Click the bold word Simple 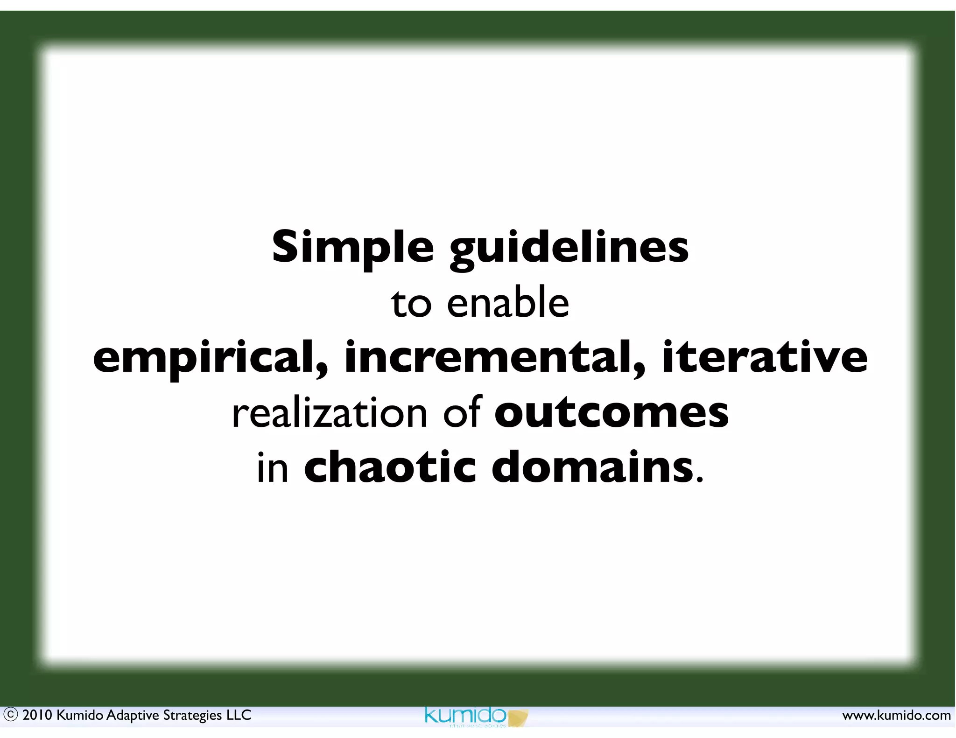pyautogui.click(x=352, y=247)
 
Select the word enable pyautogui.click(x=508, y=303)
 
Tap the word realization pyautogui.click(x=330, y=413)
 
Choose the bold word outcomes pyautogui.click(x=612, y=413)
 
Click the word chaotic pyautogui.click(x=390, y=467)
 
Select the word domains pyautogui.click(x=593, y=467)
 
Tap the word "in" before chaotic pyautogui.click(x=273, y=467)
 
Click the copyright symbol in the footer pyautogui.click(x=10, y=715)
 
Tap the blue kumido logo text pyautogui.click(x=465, y=715)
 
